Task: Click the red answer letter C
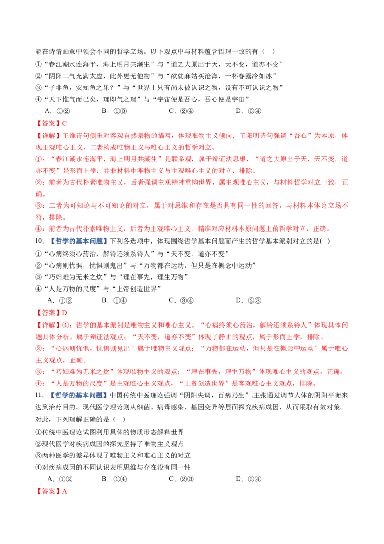point(64,123)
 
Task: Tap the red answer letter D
point(64,313)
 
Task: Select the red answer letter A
point(64,491)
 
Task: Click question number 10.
point(39,241)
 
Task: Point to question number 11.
point(39,395)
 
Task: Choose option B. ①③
point(114,111)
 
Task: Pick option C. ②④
point(181,111)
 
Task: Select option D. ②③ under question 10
point(249,300)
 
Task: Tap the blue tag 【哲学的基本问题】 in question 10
point(79,241)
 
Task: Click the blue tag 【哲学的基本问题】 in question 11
point(79,395)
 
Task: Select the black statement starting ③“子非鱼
point(159,88)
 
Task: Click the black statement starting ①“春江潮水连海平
point(159,64)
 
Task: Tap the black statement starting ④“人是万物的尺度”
point(98,289)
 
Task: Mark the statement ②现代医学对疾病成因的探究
point(109,444)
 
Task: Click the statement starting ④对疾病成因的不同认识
point(113,467)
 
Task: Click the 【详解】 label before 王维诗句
point(49,136)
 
